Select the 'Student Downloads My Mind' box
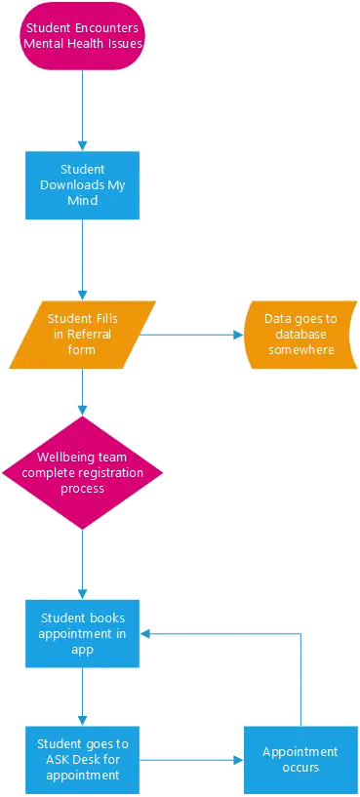[82, 184]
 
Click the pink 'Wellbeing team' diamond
[82, 472]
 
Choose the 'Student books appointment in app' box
[82, 632]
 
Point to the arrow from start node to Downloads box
[82, 109]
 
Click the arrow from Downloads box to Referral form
[82, 259]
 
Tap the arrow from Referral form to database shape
[190, 335]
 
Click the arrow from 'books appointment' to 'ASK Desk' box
[82, 695]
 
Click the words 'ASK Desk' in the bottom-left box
[64, 759]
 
